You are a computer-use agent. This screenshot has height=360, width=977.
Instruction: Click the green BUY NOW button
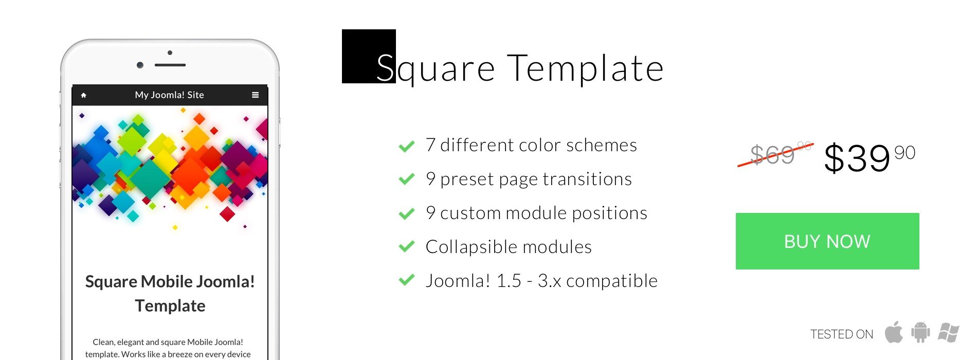point(827,241)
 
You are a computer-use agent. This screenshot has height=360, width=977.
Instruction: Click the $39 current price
point(870,157)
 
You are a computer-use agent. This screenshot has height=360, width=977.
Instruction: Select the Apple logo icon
point(894,332)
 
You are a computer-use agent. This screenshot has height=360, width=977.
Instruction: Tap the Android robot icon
point(920,332)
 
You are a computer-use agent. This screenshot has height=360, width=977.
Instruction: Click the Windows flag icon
point(948,333)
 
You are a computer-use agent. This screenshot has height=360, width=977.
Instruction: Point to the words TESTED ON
point(842,334)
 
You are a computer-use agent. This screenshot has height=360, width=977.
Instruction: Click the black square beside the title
point(369,56)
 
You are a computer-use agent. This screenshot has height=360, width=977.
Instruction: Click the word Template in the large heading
point(586,68)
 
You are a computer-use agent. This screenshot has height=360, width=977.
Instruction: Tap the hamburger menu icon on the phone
point(255,95)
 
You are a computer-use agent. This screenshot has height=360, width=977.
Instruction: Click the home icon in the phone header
point(84,95)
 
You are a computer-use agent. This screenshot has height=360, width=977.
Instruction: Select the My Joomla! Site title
point(170,95)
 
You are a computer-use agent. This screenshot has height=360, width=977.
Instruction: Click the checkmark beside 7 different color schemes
point(407,147)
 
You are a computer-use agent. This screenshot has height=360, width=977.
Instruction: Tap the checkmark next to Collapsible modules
point(407,247)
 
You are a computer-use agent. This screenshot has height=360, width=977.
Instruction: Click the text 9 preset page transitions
point(529,179)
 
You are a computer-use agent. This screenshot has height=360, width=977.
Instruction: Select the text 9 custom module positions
point(536,213)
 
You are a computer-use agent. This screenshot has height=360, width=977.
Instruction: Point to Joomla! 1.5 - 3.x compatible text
point(541,281)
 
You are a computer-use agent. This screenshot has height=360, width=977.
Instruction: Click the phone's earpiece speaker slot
point(170,65)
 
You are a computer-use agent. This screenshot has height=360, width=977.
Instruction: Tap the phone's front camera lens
point(140,65)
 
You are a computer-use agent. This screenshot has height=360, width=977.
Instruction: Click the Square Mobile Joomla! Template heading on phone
point(170,294)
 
